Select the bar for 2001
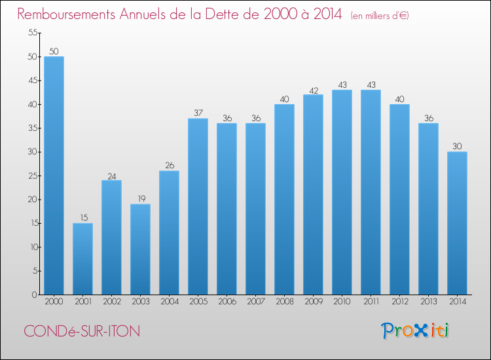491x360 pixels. coord(82,259)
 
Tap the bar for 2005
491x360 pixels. coord(198,206)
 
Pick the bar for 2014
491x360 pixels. coord(457,223)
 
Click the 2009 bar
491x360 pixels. coord(313,194)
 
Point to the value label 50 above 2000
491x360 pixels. coord(54,51)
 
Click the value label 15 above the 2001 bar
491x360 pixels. coord(82,218)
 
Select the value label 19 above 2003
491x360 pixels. coord(140,199)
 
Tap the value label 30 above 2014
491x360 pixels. coord(457,147)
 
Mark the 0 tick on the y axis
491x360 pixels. coord(33,295)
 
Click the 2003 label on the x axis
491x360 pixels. coord(140,302)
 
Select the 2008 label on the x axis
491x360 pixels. coord(284,302)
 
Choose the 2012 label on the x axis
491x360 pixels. coord(399,302)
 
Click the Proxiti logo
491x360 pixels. coord(416,331)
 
